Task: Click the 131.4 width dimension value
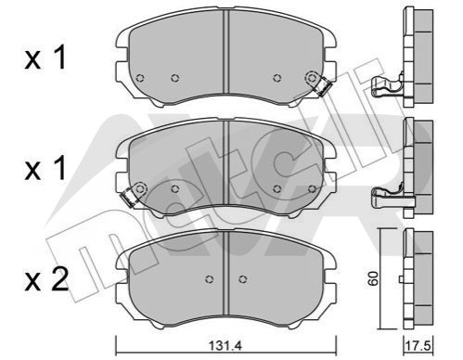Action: pos(225,345)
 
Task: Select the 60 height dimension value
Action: pos(373,278)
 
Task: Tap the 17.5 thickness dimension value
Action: pos(418,346)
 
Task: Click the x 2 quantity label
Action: pos(46,279)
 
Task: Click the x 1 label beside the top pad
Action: pos(45,58)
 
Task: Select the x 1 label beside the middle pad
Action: pos(45,168)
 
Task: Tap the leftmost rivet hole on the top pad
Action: pos(140,78)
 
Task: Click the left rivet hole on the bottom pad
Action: pos(210,279)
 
